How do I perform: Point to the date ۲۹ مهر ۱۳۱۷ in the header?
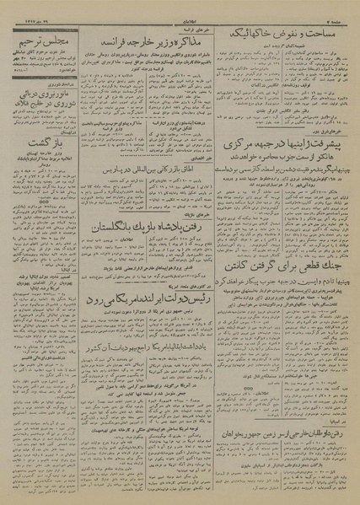[33, 10]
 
